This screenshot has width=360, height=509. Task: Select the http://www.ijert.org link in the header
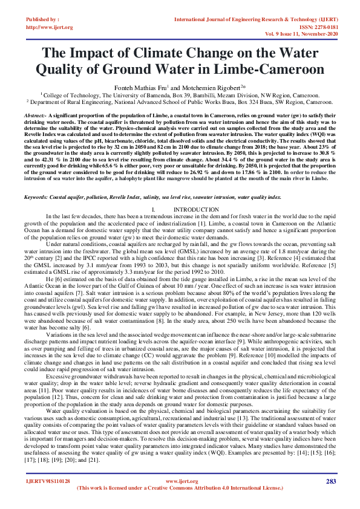pos(50,28)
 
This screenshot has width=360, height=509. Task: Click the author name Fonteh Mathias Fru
pos(154,86)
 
